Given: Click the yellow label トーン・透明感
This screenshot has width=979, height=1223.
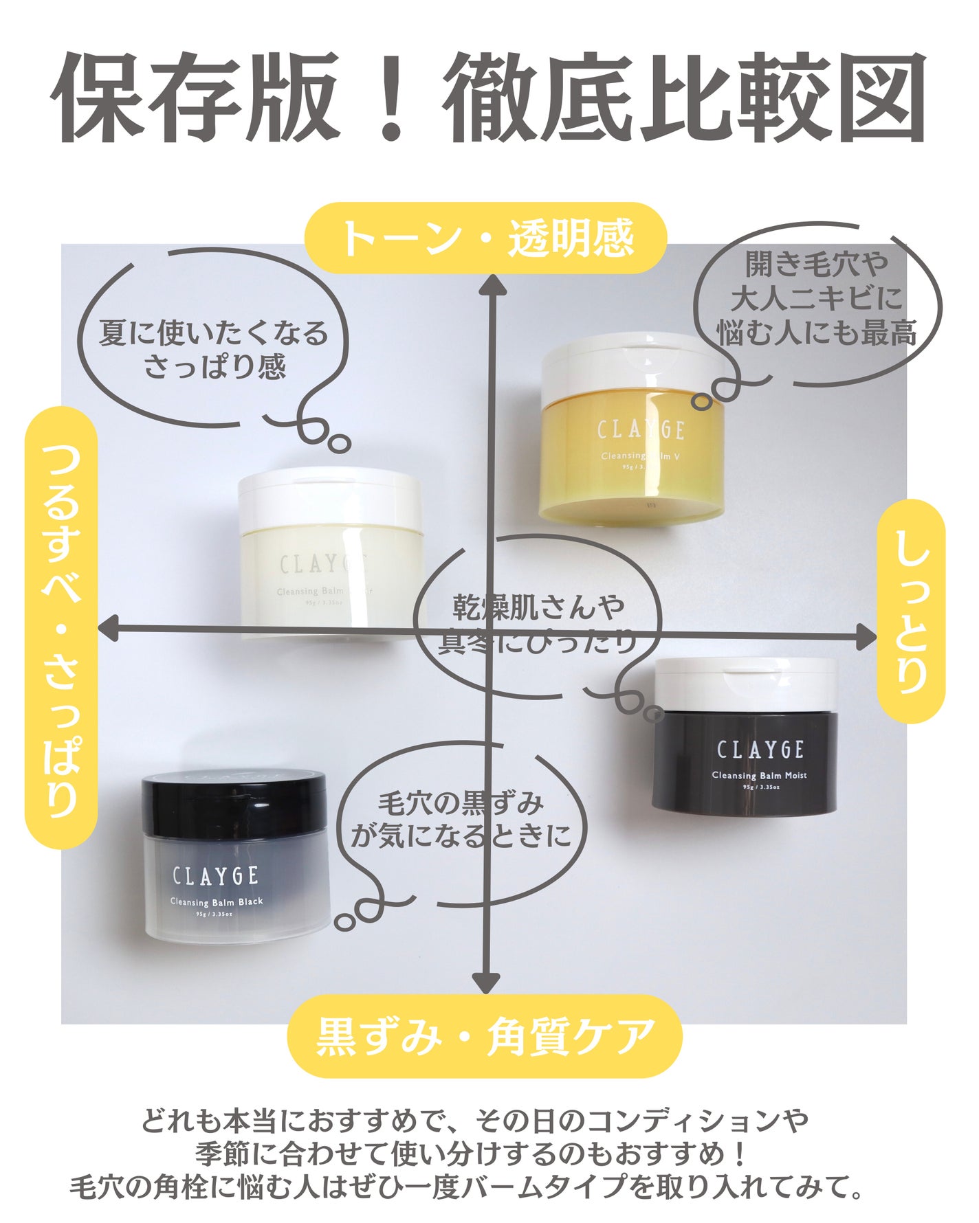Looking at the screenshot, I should pyautogui.click(x=485, y=238).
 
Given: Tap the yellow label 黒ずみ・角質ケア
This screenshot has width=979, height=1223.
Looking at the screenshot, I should pyautogui.click(x=485, y=1035).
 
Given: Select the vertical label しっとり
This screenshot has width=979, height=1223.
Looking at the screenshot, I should pyautogui.click(x=912, y=611).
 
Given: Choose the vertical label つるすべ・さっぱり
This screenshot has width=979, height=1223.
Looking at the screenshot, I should pyautogui.click(x=61, y=627).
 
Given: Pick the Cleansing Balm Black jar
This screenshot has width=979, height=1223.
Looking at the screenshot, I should pyautogui.click(x=235, y=859).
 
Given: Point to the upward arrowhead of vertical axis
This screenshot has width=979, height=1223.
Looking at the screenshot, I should pyautogui.click(x=492, y=285).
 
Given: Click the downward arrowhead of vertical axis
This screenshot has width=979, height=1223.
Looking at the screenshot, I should pyautogui.click(x=486, y=983).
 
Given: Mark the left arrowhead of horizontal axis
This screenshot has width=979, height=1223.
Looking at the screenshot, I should pyautogui.click(x=109, y=628).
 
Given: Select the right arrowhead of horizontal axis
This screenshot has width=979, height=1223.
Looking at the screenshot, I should pyautogui.click(x=867, y=638).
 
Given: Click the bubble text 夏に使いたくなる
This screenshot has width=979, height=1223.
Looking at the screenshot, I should pyautogui.click(x=214, y=335).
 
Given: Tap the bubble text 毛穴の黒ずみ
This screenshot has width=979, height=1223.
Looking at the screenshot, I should pyautogui.click(x=461, y=803).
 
